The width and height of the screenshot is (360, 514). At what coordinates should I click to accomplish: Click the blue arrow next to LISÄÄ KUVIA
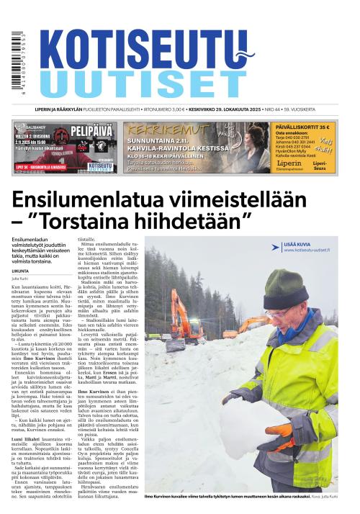point(277,246)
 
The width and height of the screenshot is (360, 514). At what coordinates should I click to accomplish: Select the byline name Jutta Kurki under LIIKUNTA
point(20,277)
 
